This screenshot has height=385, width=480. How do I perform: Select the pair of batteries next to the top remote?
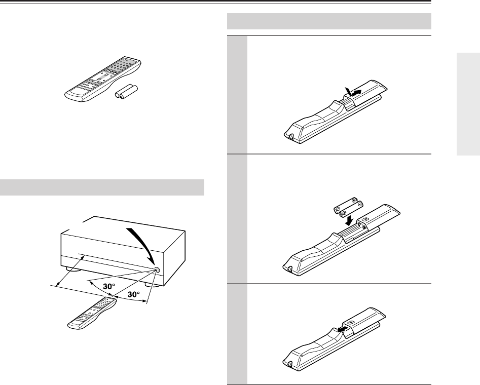[x=126, y=92]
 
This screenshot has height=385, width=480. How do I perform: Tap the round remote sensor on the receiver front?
[x=157, y=269]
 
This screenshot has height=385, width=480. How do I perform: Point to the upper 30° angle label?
[x=109, y=286]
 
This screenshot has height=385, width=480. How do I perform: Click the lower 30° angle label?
[x=134, y=294]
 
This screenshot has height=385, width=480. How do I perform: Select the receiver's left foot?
[x=73, y=269]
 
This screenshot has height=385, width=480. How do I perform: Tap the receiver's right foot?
[x=152, y=285]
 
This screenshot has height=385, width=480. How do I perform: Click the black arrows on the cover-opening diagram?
[x=353, y=92]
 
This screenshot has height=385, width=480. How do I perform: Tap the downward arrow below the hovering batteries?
[x=349, y=220]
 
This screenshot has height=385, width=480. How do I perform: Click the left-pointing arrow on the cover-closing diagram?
[x=343, y=329]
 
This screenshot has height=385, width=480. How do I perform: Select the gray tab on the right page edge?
[x=468, y=104]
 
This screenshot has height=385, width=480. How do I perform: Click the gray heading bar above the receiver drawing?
[x=102, y=187]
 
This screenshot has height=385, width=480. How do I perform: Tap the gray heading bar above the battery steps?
[x=329, y=21]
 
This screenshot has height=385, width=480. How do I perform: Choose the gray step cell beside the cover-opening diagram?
[x=237, y=95]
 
